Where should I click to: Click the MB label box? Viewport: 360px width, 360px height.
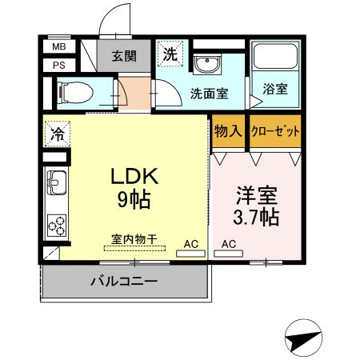(59, 47)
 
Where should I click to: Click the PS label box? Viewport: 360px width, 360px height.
(59, 66)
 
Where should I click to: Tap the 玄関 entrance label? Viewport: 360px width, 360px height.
(124, 56)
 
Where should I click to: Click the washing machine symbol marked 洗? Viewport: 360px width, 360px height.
(170, 54)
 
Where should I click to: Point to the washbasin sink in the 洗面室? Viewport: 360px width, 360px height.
(207, 64)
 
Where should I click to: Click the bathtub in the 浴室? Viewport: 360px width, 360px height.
(275, 57)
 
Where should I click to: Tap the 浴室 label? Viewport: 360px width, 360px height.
(275, 89)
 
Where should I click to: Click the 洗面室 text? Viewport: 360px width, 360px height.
(210, 94)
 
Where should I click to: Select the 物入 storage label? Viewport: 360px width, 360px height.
(228, 131)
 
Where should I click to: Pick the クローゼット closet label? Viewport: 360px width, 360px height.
(275, 131)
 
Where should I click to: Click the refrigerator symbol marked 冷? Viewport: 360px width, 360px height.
(58, 134)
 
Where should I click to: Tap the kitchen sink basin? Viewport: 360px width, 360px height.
(57, 182)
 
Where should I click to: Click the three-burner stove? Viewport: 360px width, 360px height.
(57, 226)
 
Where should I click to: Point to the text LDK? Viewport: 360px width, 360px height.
(134, 176)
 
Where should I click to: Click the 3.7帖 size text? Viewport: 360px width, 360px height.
(256, 218)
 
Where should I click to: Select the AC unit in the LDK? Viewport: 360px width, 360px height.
(190, 254)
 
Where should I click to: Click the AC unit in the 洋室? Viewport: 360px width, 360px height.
(229, 254)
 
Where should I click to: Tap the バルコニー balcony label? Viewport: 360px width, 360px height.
(124, 281)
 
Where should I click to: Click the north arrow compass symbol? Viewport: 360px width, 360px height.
(303, 338)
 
